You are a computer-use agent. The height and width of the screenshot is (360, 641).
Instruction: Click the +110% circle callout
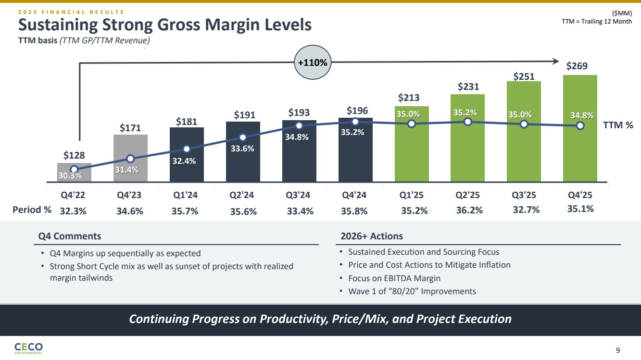point(313,63)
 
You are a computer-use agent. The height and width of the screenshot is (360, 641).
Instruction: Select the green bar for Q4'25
point(580,144)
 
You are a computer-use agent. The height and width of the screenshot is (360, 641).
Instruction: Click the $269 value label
point(577,66)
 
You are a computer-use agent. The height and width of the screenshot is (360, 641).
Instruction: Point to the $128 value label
point(74,155)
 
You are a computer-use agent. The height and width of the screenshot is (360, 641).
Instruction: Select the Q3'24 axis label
point(299,196)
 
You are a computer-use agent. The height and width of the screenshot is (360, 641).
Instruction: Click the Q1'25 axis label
point(411,196)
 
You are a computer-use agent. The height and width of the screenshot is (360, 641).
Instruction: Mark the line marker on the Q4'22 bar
point(74,169)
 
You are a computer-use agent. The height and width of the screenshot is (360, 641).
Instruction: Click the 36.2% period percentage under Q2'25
point(469,210)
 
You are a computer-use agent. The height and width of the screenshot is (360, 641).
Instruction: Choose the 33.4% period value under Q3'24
point(300,210)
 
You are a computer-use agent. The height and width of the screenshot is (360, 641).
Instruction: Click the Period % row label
point(32,210)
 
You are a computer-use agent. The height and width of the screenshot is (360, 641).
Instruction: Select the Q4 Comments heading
point(70,236)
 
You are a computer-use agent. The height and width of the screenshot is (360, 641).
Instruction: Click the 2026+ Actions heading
point(371,236)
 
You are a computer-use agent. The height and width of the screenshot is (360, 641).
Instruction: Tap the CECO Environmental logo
point(28,348)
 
